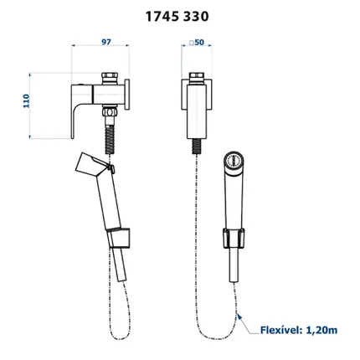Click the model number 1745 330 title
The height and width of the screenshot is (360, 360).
click(177, 17)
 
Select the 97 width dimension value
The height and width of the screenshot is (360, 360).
click(106, 42)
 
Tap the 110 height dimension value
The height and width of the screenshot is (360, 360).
click(26, 101)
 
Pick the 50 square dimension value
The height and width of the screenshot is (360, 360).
click(199, 43)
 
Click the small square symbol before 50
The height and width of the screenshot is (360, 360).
click(192, 43)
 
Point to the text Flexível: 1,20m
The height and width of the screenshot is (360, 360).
click(299, 330)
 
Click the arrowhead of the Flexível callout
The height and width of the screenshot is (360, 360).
click(239, 316)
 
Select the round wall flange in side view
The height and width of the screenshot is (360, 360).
click(127, 94)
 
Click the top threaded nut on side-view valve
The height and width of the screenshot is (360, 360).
click(109, 79)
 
